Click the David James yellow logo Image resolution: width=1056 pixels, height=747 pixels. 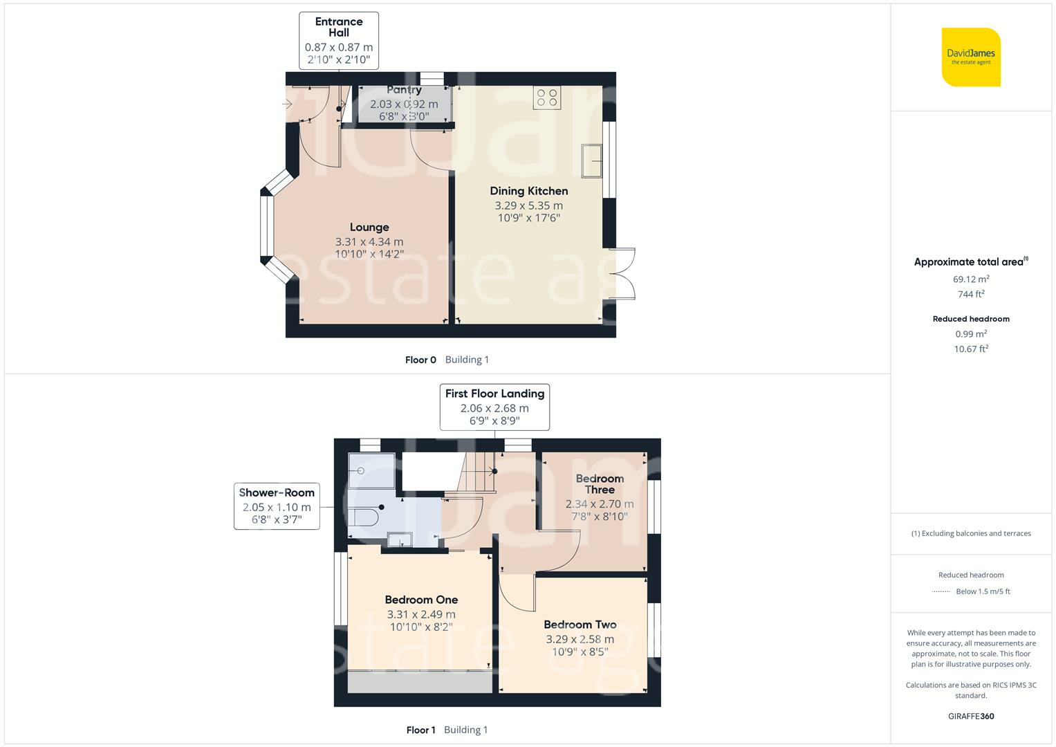click(971, 57)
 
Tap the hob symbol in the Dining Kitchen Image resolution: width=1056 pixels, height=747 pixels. click(547, 98)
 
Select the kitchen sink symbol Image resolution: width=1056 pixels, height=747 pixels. click(592, 160)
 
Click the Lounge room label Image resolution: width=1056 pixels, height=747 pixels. click(369, 228)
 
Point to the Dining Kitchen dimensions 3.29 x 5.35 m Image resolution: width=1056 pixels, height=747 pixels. click(528, 205)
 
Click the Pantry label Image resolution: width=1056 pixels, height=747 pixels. click(404, 90)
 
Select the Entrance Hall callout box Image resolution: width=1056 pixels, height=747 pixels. click(338, 41)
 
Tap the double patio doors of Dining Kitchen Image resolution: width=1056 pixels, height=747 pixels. click(622, 273)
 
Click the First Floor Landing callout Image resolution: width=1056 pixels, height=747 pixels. click(494, 407)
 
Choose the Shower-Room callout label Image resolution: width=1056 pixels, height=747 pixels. click(277, 506)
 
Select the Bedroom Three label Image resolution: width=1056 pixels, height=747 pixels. click(600, 484)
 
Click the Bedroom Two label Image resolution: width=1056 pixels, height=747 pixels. click(580, 625)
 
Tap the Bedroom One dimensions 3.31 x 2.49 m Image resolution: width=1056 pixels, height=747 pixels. click(421, 614)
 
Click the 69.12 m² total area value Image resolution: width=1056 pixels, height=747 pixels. click(971, 279)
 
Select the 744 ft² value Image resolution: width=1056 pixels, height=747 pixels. click(971, 294)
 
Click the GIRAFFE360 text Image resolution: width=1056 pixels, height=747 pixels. click(971, 716)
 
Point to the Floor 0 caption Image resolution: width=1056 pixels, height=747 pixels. click(420, 360)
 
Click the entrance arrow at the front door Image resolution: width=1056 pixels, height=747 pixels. click(287, 104)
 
